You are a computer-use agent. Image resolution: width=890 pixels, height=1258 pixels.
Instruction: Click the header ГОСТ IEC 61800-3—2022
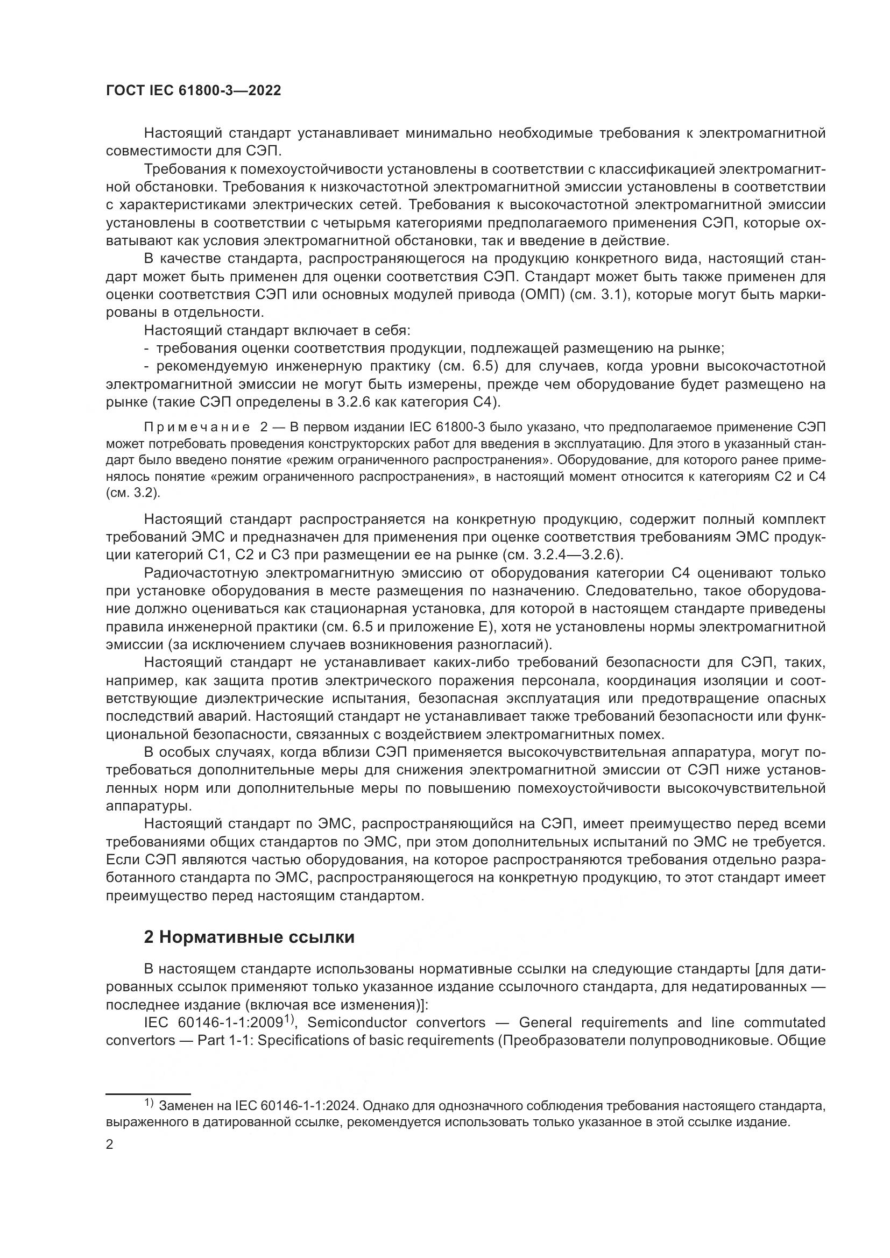(193, 91)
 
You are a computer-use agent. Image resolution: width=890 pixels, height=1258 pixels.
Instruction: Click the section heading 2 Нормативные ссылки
(249, 937)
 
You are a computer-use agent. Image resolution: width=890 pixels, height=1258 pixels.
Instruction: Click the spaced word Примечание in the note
(197, 428)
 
